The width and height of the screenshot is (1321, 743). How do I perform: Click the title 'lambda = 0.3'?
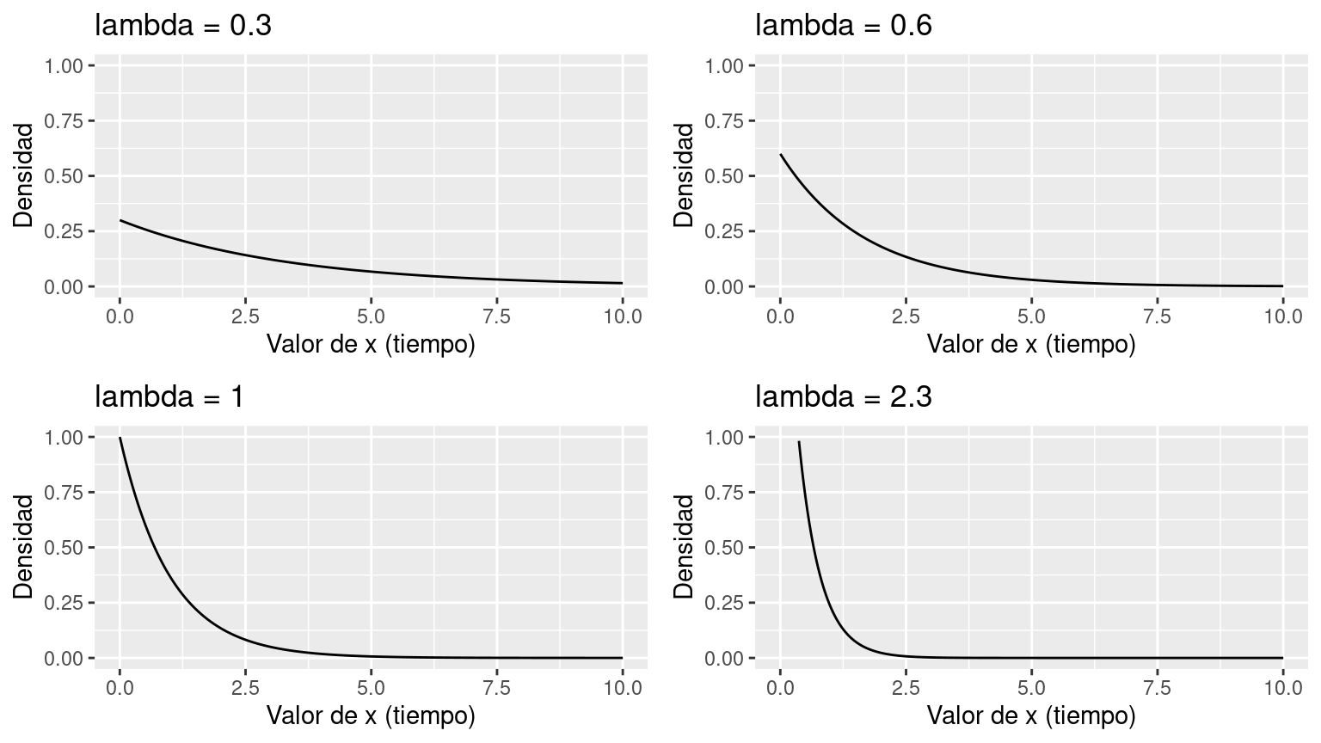[x=183, y=26]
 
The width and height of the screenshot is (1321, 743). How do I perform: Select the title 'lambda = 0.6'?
[x=844, y=26]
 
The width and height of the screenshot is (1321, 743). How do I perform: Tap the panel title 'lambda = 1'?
[x=169, y=397]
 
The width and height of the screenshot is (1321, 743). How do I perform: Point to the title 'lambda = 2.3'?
[x=844, y=397]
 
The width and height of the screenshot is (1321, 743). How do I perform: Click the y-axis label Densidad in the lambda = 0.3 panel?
[x=24, y=175]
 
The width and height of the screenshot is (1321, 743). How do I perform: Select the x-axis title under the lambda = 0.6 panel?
[x=1031, y=344]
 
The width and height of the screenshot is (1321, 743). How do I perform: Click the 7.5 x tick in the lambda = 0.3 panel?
[x=497, y=317]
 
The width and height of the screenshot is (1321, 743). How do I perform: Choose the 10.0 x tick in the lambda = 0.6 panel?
[x=1282, y=317]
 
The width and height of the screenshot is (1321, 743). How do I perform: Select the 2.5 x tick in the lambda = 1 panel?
[x=245, y=689]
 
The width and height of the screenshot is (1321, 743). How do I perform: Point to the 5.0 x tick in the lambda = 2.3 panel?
[x=1031, y=689]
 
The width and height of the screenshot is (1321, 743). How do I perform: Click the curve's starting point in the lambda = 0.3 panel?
[x=120, y=220]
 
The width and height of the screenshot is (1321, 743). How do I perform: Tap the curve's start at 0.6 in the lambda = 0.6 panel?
[x=781, y=155]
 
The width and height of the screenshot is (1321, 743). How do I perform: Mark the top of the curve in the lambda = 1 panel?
[x=120, y=438]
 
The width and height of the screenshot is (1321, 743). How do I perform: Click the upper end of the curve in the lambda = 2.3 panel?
[x=799, y=442]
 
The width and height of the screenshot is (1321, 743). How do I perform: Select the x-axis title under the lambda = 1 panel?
[x=371, y=715]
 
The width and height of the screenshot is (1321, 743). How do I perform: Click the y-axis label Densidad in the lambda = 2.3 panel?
[x=685, y=547]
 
